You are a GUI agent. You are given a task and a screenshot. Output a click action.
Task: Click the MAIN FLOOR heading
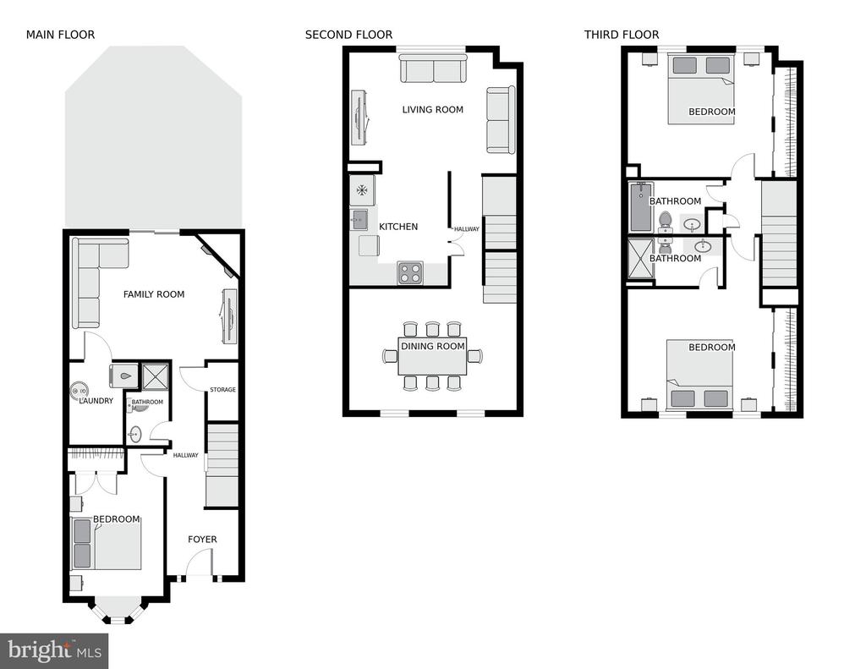click(60, 35)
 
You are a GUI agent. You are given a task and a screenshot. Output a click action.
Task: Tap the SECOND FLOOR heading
click(348, 35)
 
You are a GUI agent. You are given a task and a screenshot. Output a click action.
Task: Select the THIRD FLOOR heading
click(622, 35)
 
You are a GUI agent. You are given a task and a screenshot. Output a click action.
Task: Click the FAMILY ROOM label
click(154, 294)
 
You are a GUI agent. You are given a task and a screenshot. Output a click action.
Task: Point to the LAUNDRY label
click(96, 401)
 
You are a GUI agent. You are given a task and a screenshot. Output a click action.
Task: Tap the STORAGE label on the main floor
click(222, 389)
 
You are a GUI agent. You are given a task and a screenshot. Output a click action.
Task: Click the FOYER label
click(202, 540)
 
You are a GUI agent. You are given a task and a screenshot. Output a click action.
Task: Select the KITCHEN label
click(398, 227)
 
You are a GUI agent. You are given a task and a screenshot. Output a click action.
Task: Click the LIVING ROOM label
click(432, 109)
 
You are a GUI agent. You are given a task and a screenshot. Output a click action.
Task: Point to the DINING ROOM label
click(432, 347)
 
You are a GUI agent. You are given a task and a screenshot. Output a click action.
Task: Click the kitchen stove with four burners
click(410, 273)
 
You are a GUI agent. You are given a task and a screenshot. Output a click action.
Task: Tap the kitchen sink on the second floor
click(359, 220)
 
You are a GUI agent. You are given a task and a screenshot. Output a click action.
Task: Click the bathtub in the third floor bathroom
click(642, 207)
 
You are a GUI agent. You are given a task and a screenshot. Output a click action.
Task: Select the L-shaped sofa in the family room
click(95, 277)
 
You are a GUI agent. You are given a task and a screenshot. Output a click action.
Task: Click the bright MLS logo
click(54, 650)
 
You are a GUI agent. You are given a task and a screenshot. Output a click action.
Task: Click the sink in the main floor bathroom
click(134, 435)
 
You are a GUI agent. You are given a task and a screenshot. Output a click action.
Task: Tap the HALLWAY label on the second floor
click(467, 228)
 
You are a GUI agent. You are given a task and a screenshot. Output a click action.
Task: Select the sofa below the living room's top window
click(434, 69)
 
